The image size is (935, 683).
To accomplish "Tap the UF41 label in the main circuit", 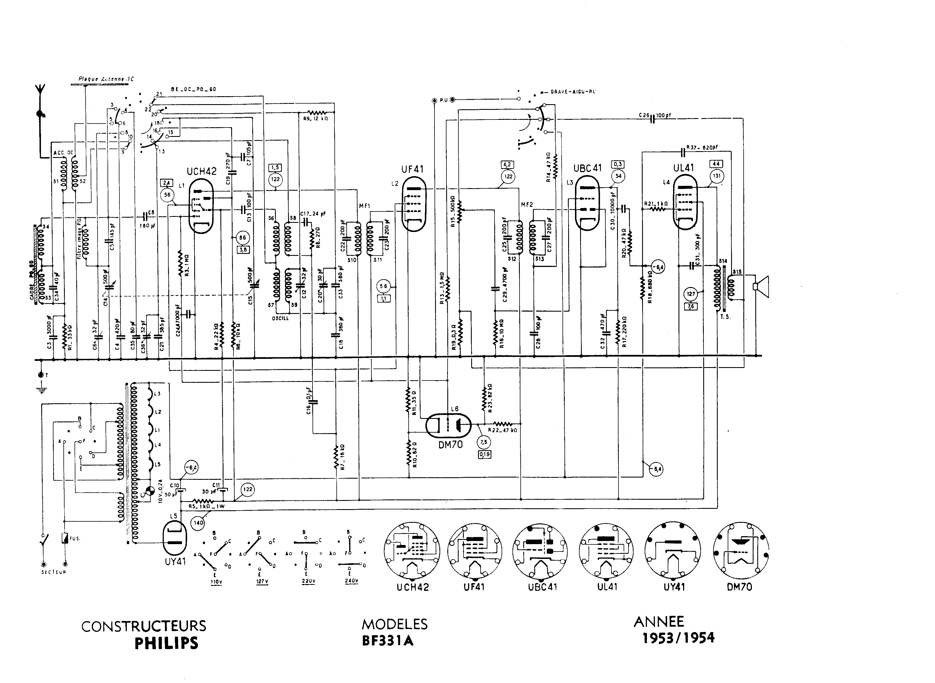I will pos(412,169).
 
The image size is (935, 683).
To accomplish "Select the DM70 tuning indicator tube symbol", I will pos(448,425).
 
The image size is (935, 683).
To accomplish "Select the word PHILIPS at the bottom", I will pos(167,644).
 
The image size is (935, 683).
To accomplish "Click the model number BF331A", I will pos(388,640).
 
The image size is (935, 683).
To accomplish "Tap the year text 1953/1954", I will pos(678,637).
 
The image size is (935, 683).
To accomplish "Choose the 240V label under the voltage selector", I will pos(351,581).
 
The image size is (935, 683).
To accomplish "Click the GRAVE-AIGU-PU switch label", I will pos(573,92).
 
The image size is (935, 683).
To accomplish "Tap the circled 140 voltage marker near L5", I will pos(198,522).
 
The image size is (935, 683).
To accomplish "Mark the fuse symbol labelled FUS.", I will pos(65,538).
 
